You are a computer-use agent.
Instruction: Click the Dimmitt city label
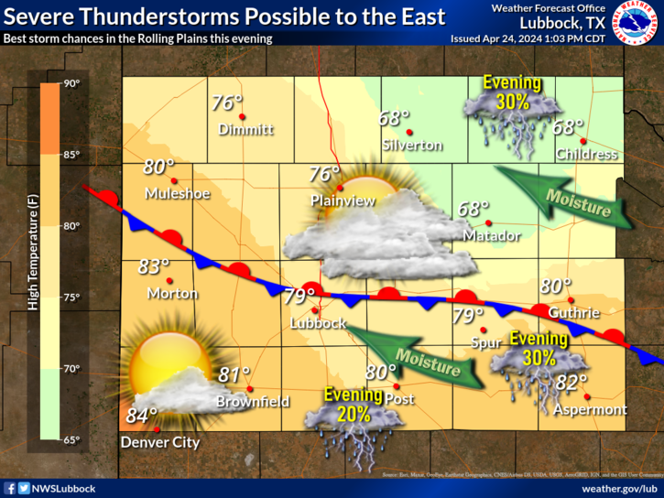coord(245,130)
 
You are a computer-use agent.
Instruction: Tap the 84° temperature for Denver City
coord(142,416)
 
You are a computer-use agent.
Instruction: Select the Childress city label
coord(586,154)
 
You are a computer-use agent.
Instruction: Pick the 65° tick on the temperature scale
coord(71,440)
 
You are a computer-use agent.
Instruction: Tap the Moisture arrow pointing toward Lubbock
coord(417,355)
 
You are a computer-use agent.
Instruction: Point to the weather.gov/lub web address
coord(620,490)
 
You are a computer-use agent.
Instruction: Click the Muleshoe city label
coord(178,194)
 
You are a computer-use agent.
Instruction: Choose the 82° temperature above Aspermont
coord(571,383)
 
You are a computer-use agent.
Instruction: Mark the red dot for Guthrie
coord(570,299)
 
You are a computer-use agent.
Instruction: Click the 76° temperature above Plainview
coord(324,174)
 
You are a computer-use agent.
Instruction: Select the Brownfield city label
coord(253,402)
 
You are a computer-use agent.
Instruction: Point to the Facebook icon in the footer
coord(10,490)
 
